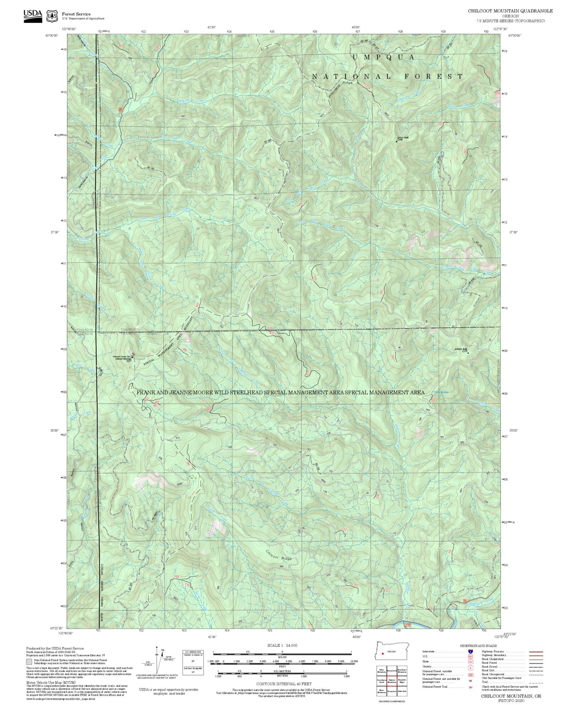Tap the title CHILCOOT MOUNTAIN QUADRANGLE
pyautogui.click(x=510, y=11)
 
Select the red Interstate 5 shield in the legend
pyautogui.click(x=470, y=651)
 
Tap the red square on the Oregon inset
pyautogui.click(x=382, y=654)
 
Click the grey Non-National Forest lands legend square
pyautogui.click(x=29, y=662)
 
